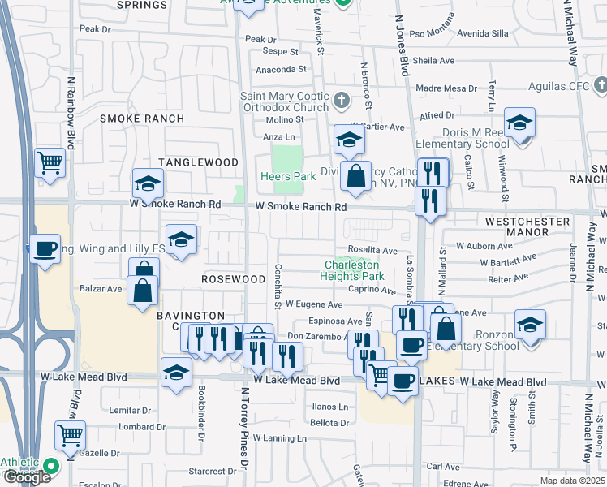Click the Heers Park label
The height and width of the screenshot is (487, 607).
(x=287, y=176)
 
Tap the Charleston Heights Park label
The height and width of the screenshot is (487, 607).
(x=354, y=270)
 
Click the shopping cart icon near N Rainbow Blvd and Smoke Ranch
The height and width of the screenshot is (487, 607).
(x=50, y=162)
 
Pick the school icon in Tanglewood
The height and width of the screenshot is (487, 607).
(x=149, y=185)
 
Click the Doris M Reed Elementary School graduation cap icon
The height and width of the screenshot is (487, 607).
(x=519, y=123)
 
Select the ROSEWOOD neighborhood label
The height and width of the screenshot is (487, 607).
(x=233, y=278)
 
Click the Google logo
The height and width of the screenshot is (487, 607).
(x=27, y=477)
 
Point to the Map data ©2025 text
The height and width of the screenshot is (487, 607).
(x=572, y=481)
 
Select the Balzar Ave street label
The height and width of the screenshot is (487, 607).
(x=101, y=288)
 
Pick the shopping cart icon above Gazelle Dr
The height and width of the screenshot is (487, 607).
(x=70, y=435)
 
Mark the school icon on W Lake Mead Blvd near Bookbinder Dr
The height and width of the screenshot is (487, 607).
(x=176, y=373)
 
